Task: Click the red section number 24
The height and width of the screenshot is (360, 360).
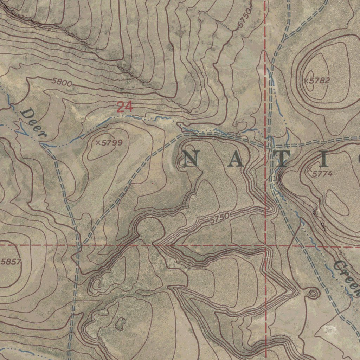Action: (x=124, y=107)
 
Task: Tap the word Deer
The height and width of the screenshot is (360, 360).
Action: (x=33, y=123)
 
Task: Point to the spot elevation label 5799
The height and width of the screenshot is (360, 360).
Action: (x=112, y=142)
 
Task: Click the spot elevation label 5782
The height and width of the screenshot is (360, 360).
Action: (x=320, y=81)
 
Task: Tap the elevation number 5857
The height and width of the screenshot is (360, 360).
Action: (x=11, y=262)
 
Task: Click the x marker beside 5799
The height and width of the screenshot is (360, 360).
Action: (x=98, y=142)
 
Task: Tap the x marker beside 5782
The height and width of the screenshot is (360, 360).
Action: (x=306, y=81)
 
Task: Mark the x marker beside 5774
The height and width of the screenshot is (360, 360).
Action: (x=310, y=170)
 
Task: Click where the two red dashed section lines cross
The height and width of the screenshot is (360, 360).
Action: (x=265, y=245)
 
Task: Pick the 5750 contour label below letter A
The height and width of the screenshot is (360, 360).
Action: (x=220, y=218)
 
